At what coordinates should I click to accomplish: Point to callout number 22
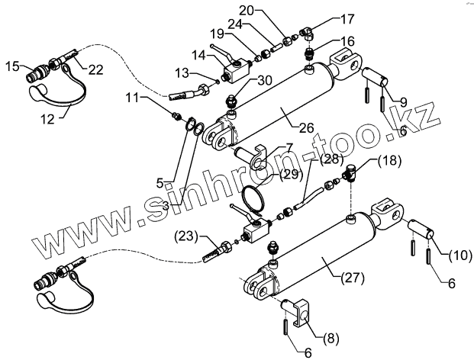(x=95, y=69)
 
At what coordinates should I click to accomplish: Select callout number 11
(x=134, y=98)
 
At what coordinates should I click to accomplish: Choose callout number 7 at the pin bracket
(x=269, y=147)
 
